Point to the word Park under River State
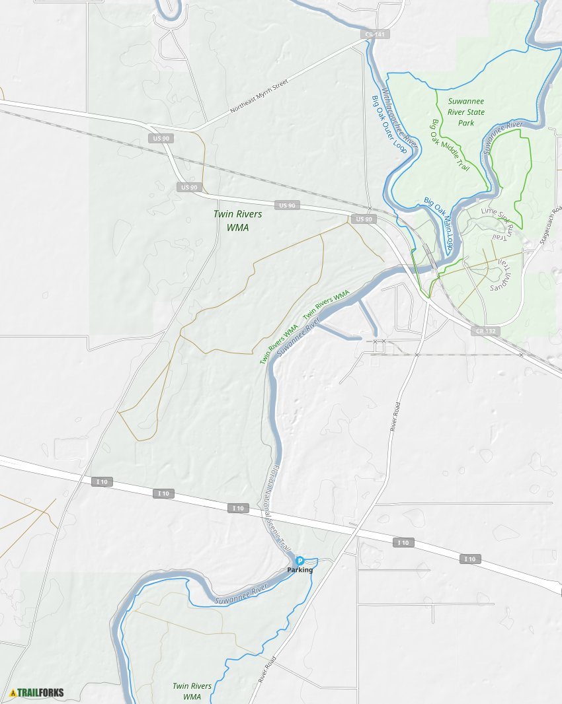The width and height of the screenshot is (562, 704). [x=466, y=123]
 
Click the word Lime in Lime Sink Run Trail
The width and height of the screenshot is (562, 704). [x=489, y=211]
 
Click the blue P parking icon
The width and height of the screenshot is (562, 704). [x=300, y=560]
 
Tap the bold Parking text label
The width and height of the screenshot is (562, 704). [x=300, y=570]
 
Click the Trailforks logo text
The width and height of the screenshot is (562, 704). [x=40, y=693]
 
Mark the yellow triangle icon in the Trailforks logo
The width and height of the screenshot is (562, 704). [x=13, y=693]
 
